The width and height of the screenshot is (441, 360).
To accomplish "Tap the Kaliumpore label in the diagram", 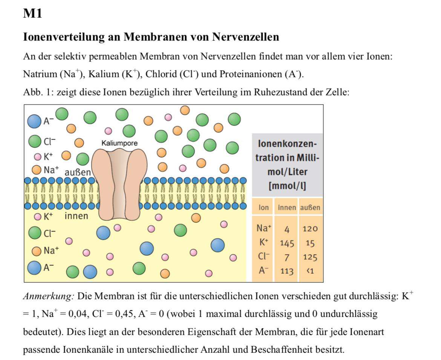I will point(119,143).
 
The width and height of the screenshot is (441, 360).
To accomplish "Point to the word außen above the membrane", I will point(78,172).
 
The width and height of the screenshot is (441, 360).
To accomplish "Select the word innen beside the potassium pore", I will point(76,216).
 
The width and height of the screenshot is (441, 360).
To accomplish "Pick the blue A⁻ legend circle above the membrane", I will point(34,121).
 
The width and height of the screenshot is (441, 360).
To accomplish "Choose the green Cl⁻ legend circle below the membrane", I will point(35,233).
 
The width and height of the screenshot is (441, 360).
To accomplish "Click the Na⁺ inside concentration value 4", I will point(286,229).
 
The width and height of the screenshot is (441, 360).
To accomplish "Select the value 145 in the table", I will point(286,243).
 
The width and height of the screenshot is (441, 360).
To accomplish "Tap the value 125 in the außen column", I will point(310,257).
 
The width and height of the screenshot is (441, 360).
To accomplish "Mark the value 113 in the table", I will point(286,271).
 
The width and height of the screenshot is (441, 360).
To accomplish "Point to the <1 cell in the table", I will point(310,271).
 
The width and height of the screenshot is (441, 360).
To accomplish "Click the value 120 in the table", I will point(310,229).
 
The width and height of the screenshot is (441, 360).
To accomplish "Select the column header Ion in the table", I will point(263,208).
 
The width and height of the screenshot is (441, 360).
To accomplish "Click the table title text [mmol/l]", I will point(287,186).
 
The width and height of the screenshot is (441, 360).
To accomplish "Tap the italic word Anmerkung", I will point(48,296).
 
